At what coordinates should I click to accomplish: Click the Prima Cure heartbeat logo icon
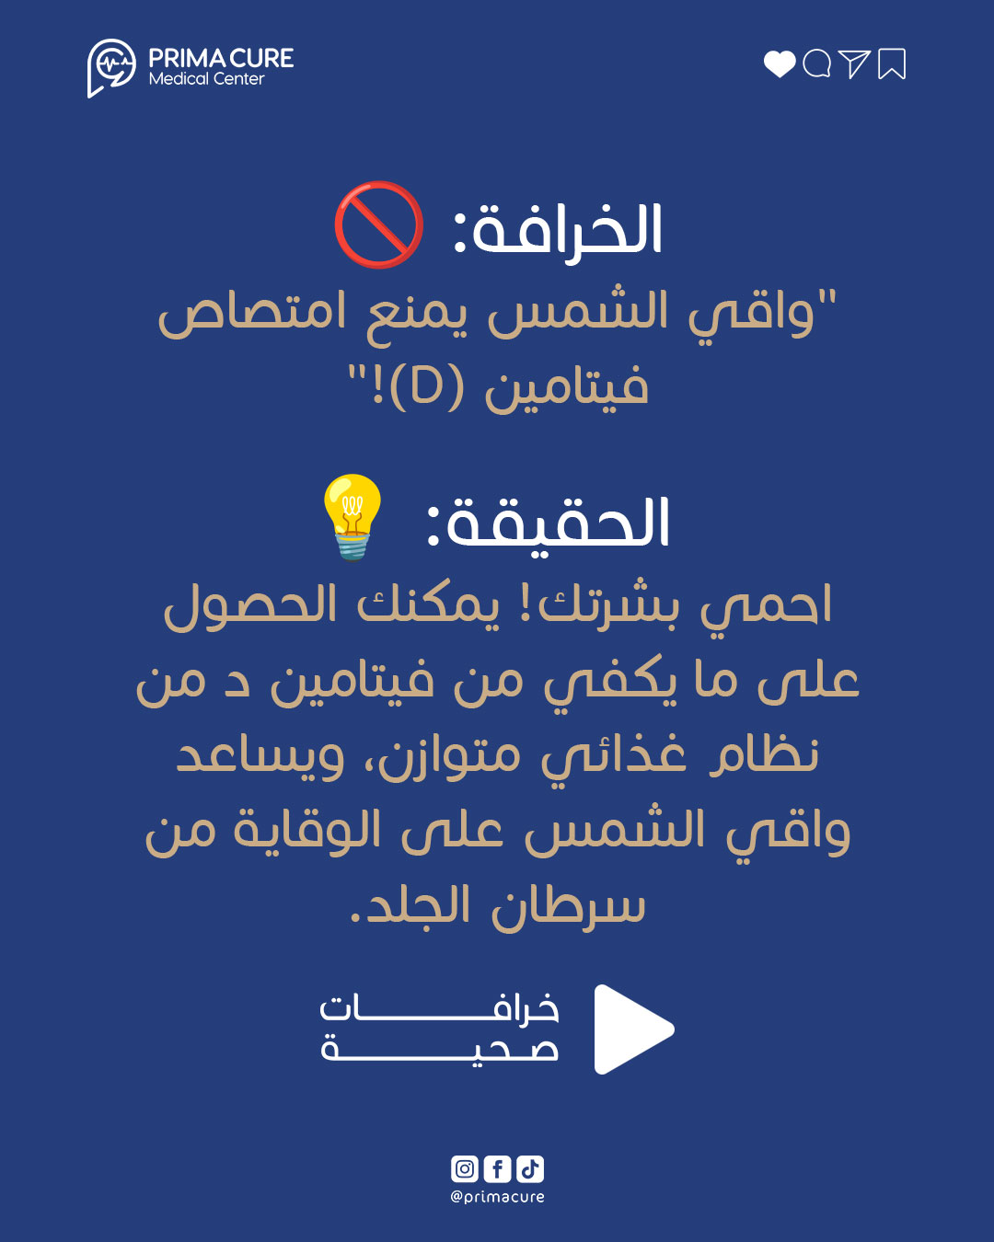(x=111, y=67)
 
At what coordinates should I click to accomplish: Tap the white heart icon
(x=780, y=64)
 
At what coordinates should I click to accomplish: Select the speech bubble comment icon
(x=816, y=64)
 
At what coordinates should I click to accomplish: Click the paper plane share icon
(x=854, y=63)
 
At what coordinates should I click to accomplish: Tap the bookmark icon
(x=892, y=64)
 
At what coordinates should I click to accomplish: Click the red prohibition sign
(x=379, y=225)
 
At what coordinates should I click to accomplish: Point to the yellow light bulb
(x=353, y=516)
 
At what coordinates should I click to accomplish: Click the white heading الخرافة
(x=558, y=231)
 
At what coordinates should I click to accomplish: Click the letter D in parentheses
(x=425, y=388)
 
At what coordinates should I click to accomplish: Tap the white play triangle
(x=633, y=1029)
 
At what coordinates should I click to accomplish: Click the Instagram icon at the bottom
(x=465, y=1169)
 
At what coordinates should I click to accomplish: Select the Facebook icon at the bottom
(x=497, y=1169)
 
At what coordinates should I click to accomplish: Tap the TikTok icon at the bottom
(x=530, y=1169)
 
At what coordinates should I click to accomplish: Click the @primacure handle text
(x=497, y=1197)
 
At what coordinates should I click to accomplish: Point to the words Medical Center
(x=206, y=79)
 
